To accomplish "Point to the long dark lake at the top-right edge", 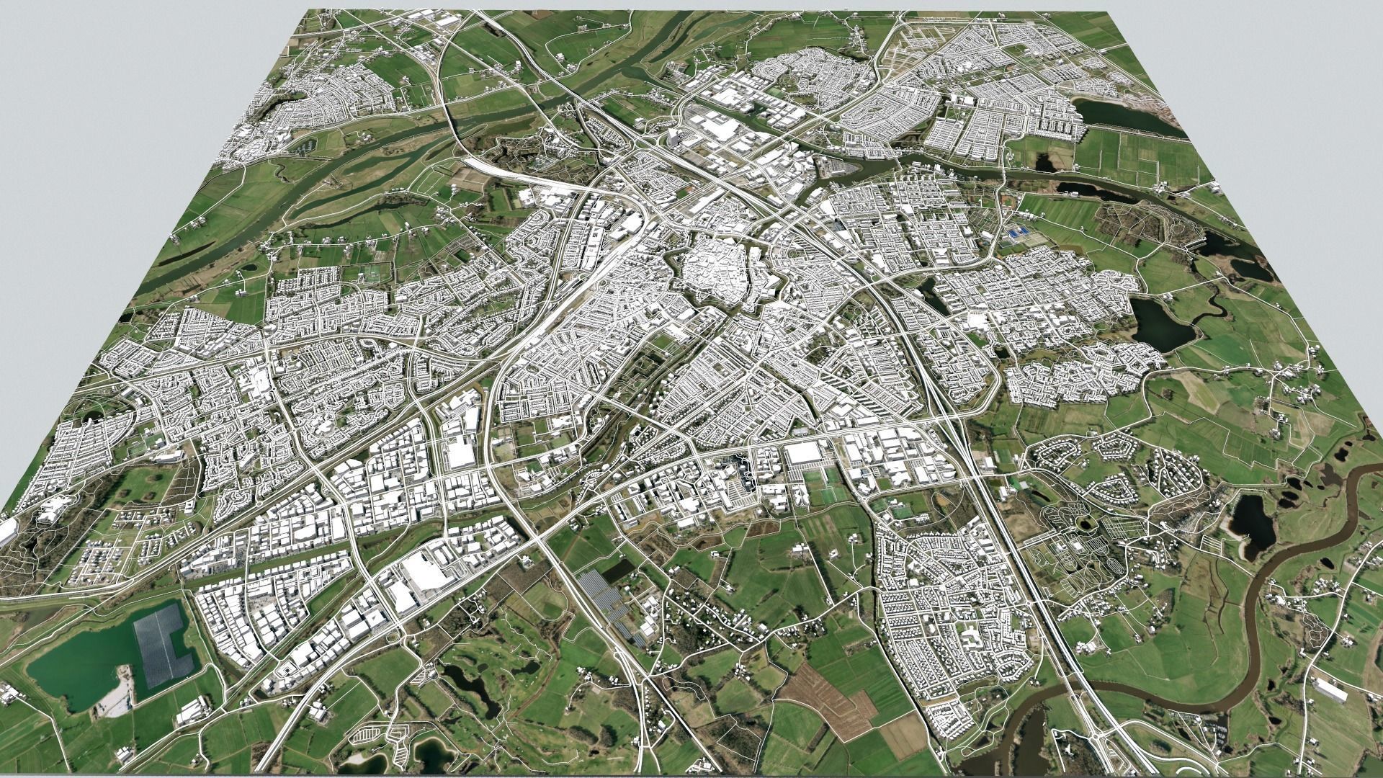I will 1124,115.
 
